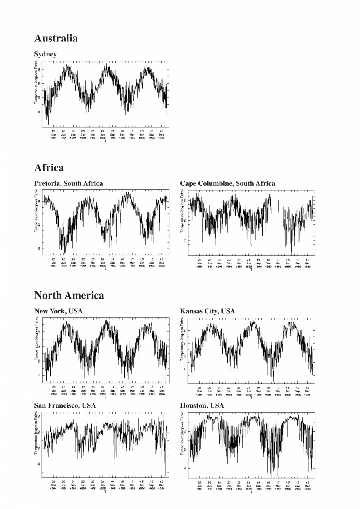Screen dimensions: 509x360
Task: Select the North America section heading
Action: pyautogui.click(x=69, y=295)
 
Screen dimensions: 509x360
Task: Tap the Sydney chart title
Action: pyautogui.click(x=45, y=54)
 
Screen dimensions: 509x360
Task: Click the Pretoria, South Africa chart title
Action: pyautogui.click(x=68, y=183)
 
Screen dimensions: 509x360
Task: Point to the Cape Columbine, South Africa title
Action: pyautogui.click(x=227, y=183)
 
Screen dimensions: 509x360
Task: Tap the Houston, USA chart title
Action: pyautogui.click(x=202, y=405)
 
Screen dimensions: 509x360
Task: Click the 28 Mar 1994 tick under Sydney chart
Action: pyautogui.click(x=54, y=135)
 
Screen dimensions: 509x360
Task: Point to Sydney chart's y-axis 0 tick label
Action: pyautogui.click(x=39, y=112)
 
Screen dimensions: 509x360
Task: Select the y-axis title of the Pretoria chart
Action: pyautogui.click(x=36, y=211)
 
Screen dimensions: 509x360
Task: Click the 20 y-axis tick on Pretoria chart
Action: pyautogui.click(x=39, y=248)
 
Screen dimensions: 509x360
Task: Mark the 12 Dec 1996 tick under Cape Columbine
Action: pyautogui.click(x=308, y=263)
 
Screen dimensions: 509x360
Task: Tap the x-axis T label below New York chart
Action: pyautogui.click(x=105, y=397)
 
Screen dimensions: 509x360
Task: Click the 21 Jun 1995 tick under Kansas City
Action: pyautogui.click(x=248, y=391)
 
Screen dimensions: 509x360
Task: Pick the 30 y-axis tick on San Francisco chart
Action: pyautogui.click(x=39, y=464)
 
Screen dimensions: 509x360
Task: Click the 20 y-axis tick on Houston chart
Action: pyautogui.click(x=185, y=468)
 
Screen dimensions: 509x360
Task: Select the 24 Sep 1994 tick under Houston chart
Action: pyautogui.click(x=219, y=486)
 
